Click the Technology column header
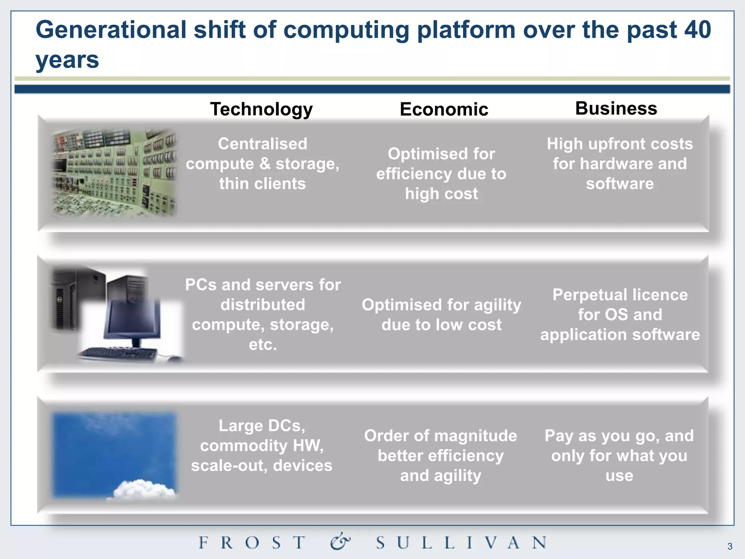261,109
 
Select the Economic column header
444,109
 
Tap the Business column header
616,108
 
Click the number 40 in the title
697,30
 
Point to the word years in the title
67,60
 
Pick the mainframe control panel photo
115,173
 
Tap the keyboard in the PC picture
118,354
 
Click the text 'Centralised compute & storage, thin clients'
262,164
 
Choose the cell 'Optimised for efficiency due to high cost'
441,174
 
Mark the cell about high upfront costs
619,164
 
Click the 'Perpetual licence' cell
620,314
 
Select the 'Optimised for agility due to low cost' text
441,314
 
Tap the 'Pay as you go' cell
619,455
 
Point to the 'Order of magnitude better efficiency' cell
441,455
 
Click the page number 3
730,546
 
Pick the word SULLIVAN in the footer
461,543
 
